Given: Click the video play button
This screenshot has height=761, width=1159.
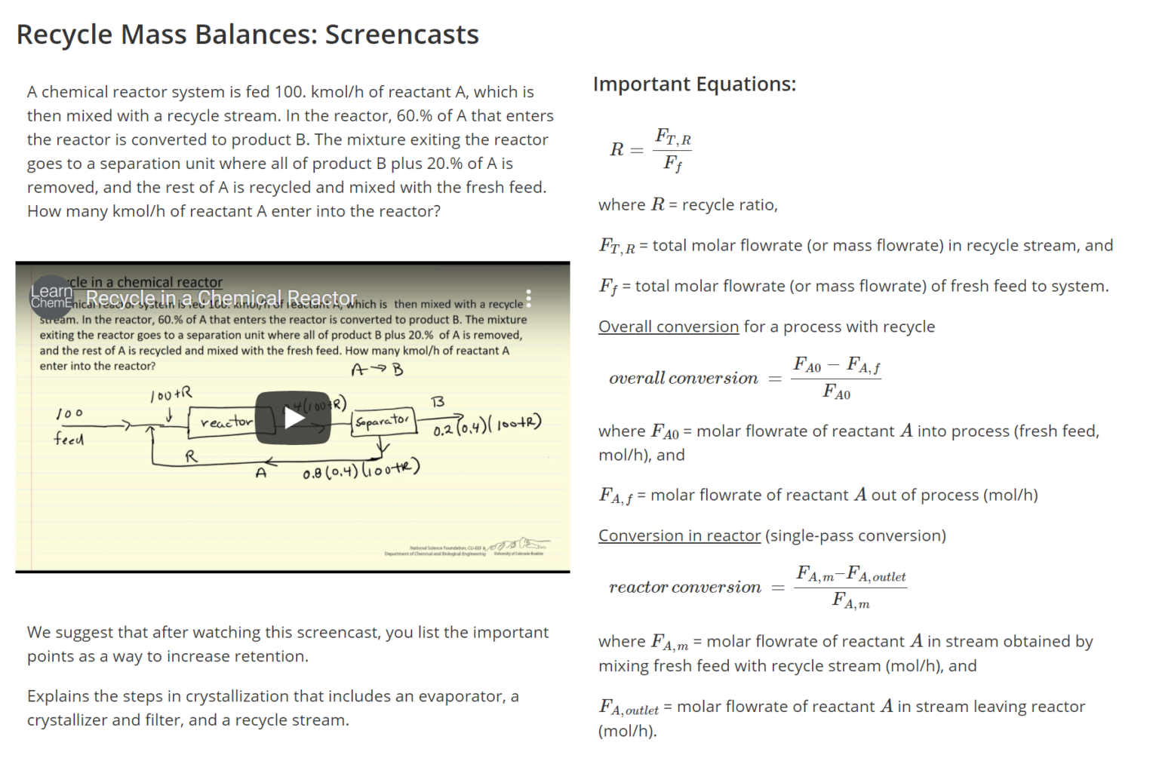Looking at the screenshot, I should point(293,417).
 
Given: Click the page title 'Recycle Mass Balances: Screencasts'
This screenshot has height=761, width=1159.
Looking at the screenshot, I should point(247,35).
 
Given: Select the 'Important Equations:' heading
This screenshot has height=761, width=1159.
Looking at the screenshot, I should point(694,84).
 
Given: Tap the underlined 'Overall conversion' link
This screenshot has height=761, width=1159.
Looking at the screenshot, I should point(668,327).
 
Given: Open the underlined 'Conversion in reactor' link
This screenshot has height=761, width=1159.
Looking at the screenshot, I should point(679,535).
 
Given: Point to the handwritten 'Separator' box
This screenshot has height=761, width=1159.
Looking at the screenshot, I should point(383,421).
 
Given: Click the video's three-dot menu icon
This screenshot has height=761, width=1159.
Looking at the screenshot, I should point(528,299).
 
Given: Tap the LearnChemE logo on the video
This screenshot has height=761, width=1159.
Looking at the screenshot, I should point(51,296).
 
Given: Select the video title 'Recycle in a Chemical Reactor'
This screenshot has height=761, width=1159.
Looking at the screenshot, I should point(221,298).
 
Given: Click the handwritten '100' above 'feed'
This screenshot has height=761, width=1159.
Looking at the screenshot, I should point(69,414).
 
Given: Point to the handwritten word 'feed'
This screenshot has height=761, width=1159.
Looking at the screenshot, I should point(69,439).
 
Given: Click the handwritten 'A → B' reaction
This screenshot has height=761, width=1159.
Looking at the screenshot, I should point(377,370).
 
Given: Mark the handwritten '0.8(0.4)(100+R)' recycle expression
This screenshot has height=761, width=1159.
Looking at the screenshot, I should point(361,469).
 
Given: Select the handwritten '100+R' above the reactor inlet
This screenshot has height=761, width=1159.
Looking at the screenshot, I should point(171,394).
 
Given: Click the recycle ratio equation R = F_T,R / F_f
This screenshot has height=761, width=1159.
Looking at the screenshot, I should point(650,149).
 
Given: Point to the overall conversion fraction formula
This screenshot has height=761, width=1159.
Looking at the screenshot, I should point(836,379).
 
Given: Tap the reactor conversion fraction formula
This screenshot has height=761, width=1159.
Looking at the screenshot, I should point(850,588).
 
